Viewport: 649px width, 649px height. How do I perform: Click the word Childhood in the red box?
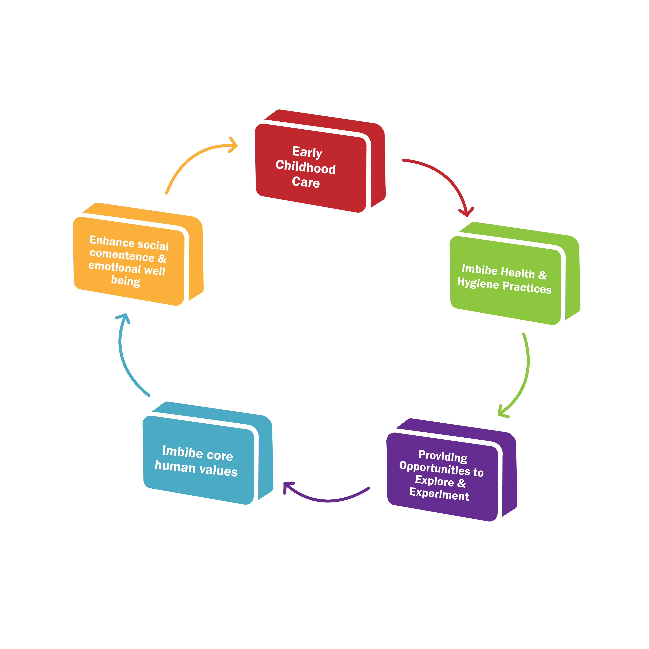(305, 167)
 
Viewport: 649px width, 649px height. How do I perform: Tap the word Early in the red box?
(307, 152)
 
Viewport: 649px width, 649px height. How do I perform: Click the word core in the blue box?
(220, 455)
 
